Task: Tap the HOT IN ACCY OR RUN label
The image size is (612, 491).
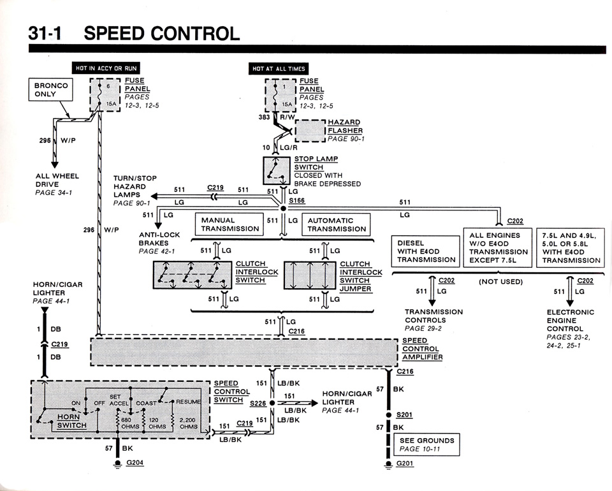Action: point(105,68)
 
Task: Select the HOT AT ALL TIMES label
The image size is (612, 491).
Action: point(279,68)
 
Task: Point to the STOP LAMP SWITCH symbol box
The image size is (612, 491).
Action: point(277,172)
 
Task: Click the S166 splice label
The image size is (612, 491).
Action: point(297,200)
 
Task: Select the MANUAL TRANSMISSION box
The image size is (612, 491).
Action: point(230,224)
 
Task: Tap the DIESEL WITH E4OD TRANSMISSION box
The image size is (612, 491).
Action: point(426,251)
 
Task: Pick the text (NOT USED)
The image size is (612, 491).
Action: point(500,281)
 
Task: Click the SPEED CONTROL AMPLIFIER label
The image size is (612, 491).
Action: point(421,349)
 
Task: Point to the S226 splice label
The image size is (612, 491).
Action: point(258,403)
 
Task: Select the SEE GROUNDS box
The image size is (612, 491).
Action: point(426,444)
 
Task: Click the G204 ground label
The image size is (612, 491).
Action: point(135,462)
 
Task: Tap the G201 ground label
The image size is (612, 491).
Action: point(405,464)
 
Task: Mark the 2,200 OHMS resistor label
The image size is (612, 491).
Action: point(188,423)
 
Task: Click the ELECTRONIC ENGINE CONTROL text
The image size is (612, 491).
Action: point(570,321)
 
